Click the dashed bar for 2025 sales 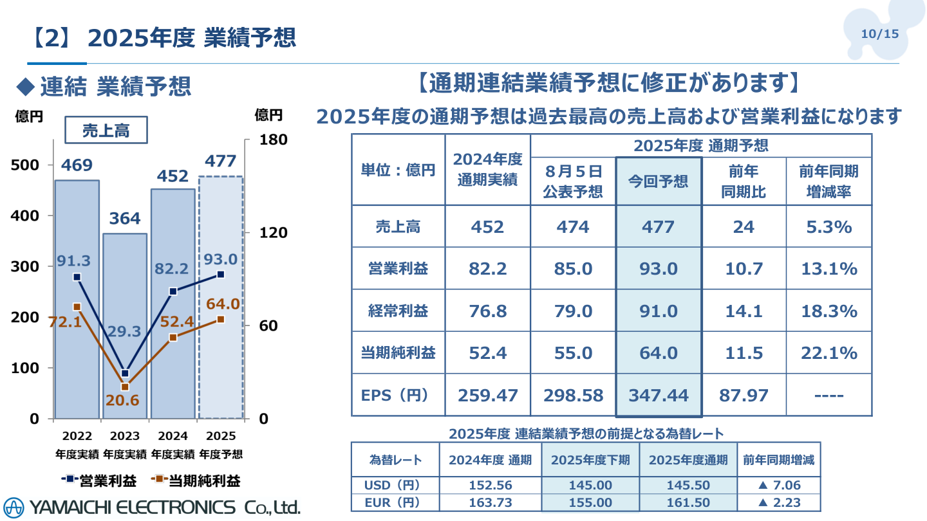coord(221,360)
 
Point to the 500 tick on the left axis coord(26,165)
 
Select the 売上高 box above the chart coord(106,131)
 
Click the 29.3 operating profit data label coord(125,331)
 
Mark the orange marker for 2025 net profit coord(221,319)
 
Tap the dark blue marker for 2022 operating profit coord(77,277)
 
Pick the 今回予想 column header coord(658,181)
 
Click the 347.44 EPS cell coord(658,395)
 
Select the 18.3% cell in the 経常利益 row coord(829,311)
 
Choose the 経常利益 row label coord(398,311)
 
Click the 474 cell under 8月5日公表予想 coord(572,226)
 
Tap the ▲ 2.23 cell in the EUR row coord(779,502)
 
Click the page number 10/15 coord(879,34)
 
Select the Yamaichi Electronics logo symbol coord(14,507)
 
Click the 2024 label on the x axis coord(173,436)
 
